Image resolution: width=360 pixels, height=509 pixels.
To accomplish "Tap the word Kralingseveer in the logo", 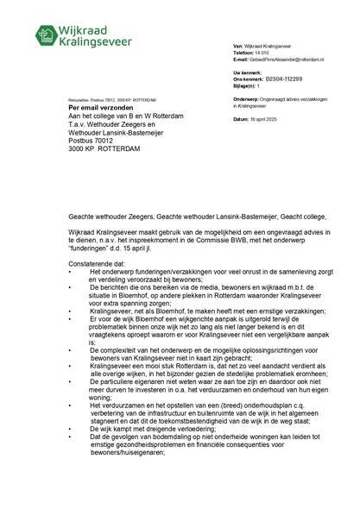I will coord(100,41).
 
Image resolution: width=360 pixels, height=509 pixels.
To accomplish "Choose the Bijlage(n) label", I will coord(249,85).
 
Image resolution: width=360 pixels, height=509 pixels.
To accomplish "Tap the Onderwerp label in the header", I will coord(251,99).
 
